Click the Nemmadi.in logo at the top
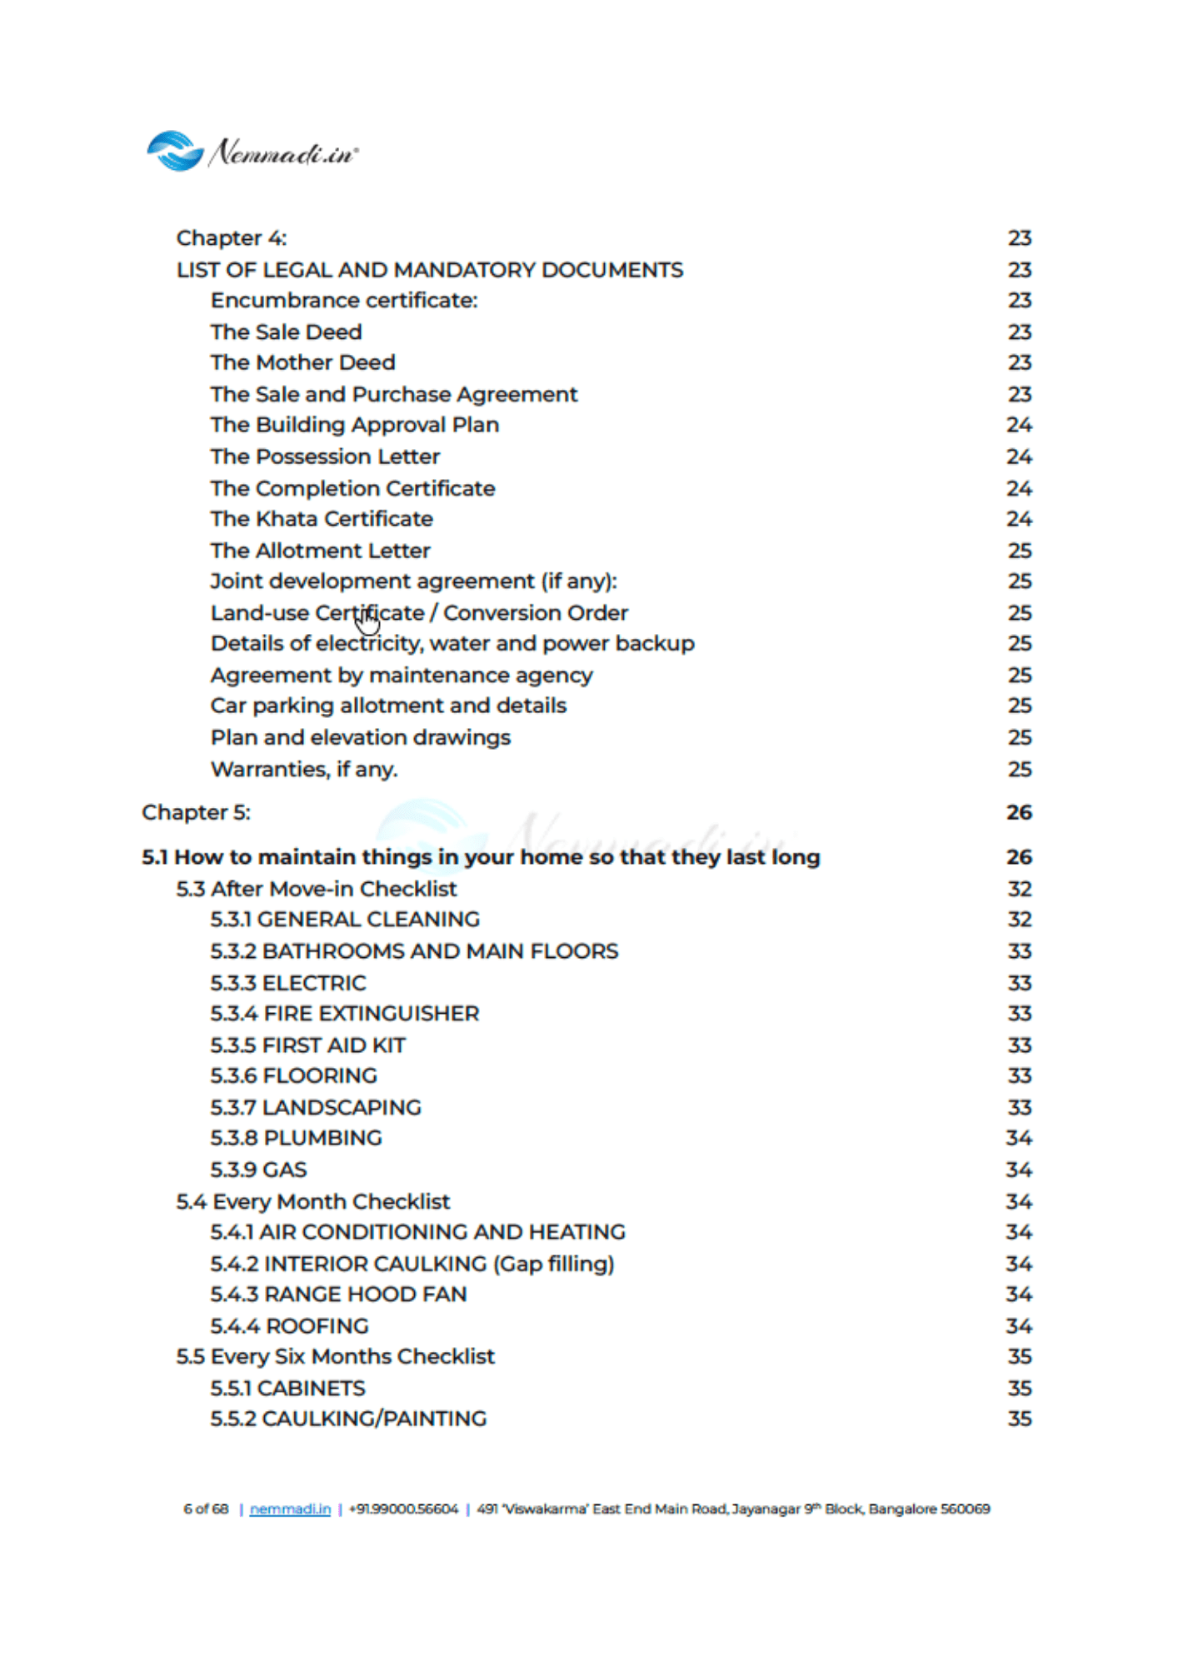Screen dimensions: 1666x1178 pyautogui.click(x=252, y=152)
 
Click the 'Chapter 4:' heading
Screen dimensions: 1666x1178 pyautogui.click(x=232, y=238)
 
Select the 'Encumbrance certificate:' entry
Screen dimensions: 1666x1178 pyautogui.click(x=344, y=300)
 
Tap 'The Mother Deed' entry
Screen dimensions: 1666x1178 pyautogui.click(x=302, y=362)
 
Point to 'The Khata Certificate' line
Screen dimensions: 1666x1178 pyautogui.click(x=322, y=519)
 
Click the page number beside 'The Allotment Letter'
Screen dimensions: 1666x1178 pyautogui.click(x=1019, y=551)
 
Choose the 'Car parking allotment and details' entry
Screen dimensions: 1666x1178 pyautogui.click(x=388, y=706)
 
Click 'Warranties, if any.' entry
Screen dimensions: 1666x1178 pyautogui.click(x=304, y=769)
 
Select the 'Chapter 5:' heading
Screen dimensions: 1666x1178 pyautogui.click(x=196, y=812)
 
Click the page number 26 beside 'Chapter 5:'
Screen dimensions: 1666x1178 pyautogui.click(x=1019, y=812)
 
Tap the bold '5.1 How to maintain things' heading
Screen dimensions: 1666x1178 pyautogui.click(x=481, y=857)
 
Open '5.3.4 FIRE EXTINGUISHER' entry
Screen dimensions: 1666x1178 pyautogui.click(x=345, y=1014)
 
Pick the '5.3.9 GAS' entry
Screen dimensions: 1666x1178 pyautogui.click(x=258, y=1170)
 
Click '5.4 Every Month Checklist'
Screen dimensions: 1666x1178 pyautogui.click(x=312, y=1201)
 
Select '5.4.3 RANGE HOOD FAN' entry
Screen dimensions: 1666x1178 pyautogui.click(x=338, y=1294)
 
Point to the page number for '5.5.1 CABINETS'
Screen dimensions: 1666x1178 pyautogui.click(x=1019, y=1389)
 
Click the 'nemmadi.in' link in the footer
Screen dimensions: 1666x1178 pyautogui.click(x=290, y=1509)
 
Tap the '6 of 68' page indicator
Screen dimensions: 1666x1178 pyautogui.click(x=206, y=1509)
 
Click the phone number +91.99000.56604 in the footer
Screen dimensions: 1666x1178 pyautogui.click(x=403, y=1509)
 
